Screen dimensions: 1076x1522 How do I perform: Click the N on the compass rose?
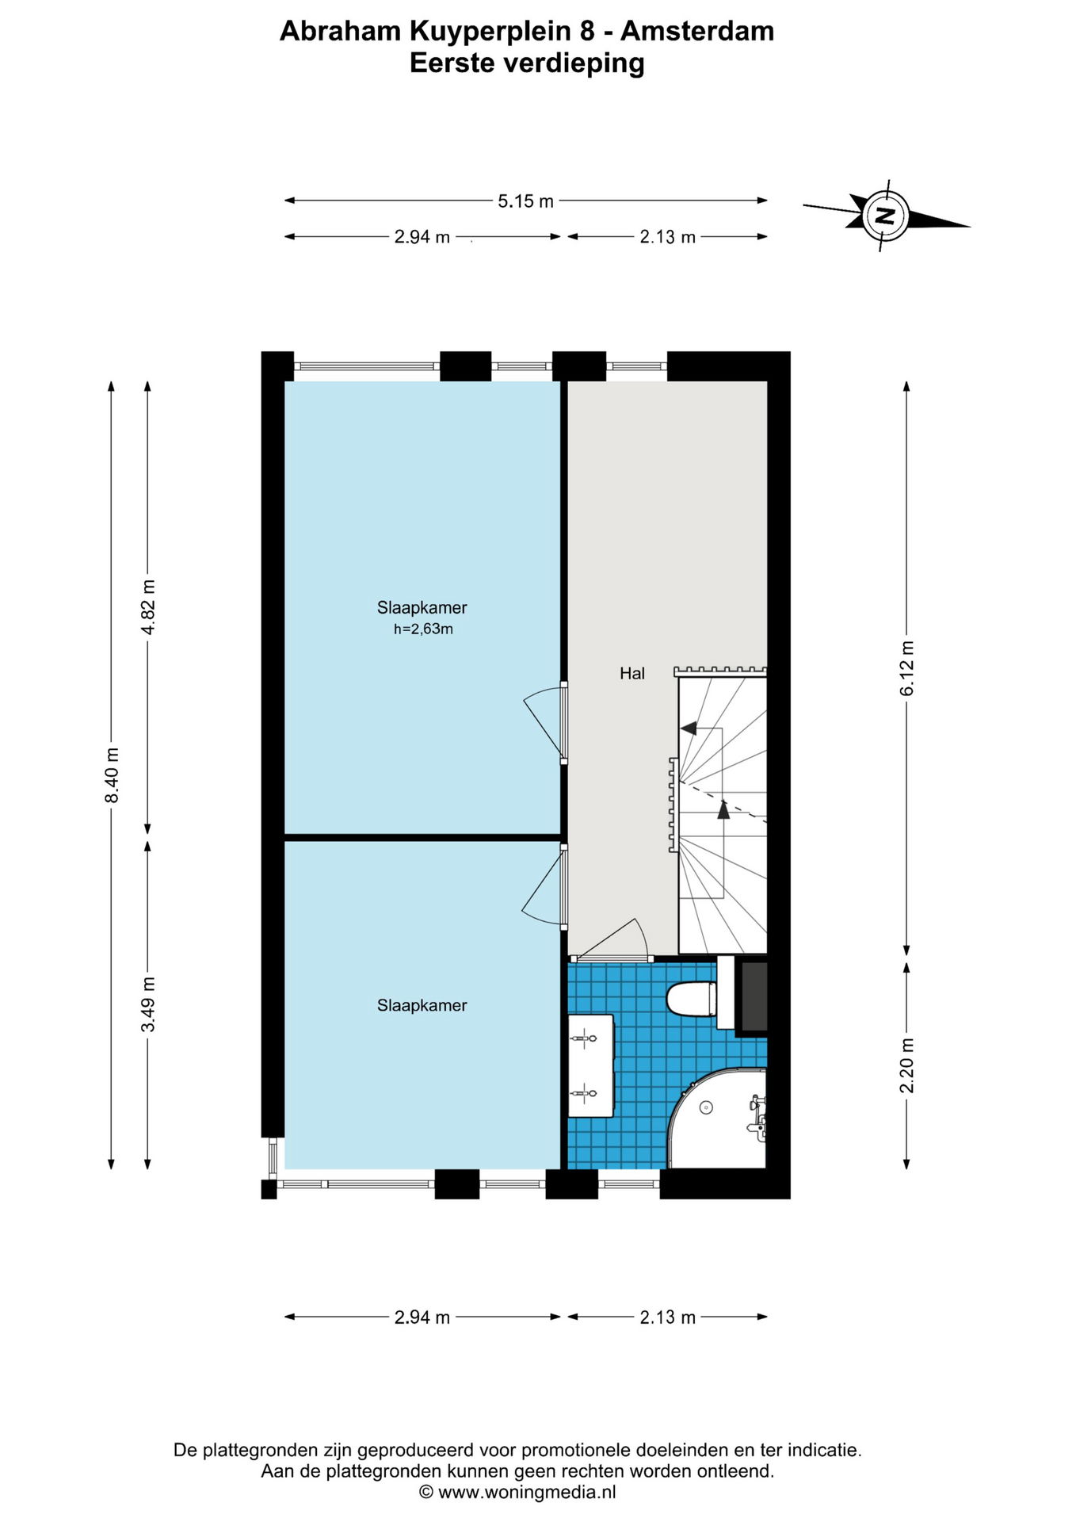pos(886,215)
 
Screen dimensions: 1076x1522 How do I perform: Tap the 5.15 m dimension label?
pos(525,201)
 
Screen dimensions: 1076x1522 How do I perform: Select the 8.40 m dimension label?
pos(112,774)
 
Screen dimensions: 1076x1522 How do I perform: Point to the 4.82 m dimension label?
pos(148,606)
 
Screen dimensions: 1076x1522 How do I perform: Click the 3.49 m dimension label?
pos(148,1004)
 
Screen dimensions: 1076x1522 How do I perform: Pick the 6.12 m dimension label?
pos(907,669)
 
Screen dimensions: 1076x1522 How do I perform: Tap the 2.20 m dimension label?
pos(907,1065)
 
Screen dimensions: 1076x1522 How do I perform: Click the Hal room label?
pos(632,674)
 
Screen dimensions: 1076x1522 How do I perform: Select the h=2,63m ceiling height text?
pos(423,629)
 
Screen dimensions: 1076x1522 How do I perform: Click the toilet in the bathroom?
pos(692,999)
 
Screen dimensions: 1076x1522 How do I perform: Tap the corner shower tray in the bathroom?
pos(717,1119)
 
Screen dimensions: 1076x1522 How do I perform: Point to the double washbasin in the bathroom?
pos(590,1065)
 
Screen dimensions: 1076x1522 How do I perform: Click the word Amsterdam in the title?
pos(697,31)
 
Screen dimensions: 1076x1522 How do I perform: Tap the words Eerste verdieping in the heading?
pos(527,63)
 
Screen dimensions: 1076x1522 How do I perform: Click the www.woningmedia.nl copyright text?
pos(517,1492)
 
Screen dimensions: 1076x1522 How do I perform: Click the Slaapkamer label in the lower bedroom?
pos(422,1005)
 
